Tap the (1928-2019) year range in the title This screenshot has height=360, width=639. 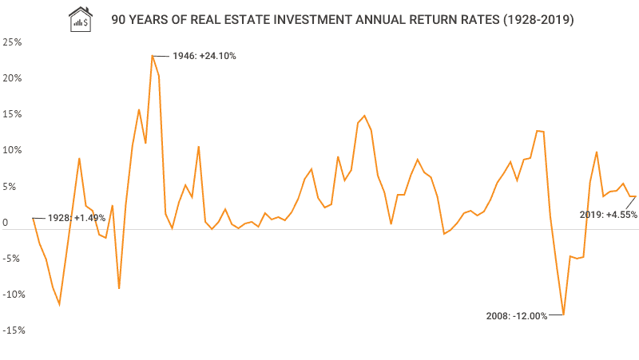point(530,18)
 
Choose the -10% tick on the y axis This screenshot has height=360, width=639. point(13,295)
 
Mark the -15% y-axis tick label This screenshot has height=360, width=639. point(13,330)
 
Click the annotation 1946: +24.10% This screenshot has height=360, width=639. point(204,56)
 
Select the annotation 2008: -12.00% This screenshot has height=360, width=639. point(517,316)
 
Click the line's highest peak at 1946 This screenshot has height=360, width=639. point(152,56)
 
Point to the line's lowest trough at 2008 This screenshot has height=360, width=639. point(563,315)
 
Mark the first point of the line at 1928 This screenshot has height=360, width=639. point(33,218)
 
